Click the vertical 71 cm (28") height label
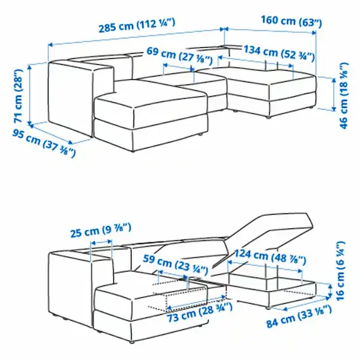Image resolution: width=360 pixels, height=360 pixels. [21, 97]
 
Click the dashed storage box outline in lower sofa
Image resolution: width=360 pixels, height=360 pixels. [190, 298]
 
